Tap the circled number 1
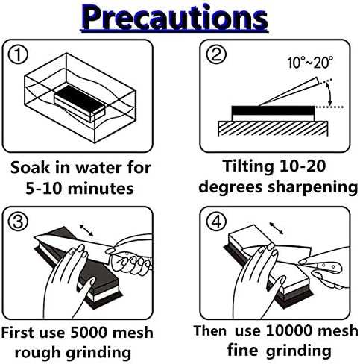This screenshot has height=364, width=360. click(x=18, y=54)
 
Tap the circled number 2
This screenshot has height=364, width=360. click(x=217, y=54)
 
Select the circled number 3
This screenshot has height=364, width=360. click(x=18, y=222)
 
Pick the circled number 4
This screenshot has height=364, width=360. click(x=217, y=221)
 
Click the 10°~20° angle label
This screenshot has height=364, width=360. click(x=310, y=63)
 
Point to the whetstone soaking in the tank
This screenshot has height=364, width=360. click(x=79, y=103)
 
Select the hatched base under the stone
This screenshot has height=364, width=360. click(x=273, y=128)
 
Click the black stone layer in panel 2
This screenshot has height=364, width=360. click(x=273, y=110)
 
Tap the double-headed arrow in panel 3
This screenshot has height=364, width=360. click(x=86, y=230)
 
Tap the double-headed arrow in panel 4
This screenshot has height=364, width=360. click(x=277, y=228)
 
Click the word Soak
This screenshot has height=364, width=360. click(x=30, y=167)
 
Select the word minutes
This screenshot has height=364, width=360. click(x=101, y=188)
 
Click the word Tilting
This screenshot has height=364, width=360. click(x=248, y=167)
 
